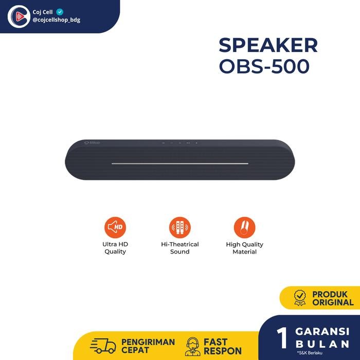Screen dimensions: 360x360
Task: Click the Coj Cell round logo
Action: pos(19,16)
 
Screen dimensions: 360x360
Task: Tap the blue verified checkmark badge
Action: pos(60,11)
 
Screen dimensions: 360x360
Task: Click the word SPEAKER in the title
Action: pos(268,46)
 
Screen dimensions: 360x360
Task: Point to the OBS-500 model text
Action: pos(264,66)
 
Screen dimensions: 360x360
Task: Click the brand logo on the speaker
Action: pos(92,142)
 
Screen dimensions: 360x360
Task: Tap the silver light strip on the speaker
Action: pos(180,164)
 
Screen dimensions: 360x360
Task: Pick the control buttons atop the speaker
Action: pos(179,142)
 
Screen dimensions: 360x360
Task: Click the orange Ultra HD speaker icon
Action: pos(115,227)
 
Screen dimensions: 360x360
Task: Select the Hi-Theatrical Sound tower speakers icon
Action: pos(180,227)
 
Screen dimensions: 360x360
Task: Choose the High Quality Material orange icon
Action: pos(244,227)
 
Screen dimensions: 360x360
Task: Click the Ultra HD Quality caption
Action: pos(115,248)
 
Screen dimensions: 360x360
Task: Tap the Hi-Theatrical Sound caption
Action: pos(180,248)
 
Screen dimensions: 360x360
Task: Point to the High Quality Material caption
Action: pos(245,248)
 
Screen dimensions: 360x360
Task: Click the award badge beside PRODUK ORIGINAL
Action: pos(299,298)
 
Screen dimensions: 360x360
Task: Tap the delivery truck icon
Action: pos(102,346)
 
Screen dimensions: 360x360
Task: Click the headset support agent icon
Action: pos(193,346)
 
